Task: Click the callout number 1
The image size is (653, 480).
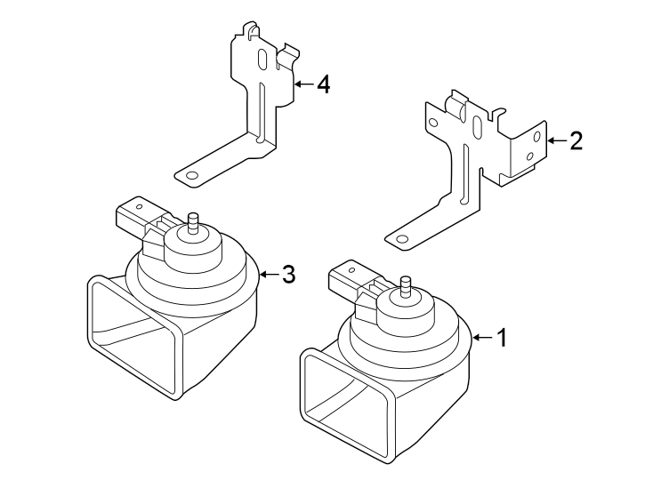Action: (x=502, y=338)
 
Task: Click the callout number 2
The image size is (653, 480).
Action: (x=576, y=140)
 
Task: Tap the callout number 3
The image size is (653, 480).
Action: (x=287, y=275)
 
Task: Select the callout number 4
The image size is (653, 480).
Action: (x=323, y=84)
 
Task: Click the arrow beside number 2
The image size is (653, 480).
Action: (x=555, y=140)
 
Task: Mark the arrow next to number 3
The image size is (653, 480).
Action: (x=267, y=275)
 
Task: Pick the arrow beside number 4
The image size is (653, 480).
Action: (x=302, y=84)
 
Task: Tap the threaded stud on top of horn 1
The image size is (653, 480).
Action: (x=406, y=286)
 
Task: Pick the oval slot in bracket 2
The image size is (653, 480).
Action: (x=478, y=128)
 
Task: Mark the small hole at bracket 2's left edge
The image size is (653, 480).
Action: (x=433, y=123)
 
